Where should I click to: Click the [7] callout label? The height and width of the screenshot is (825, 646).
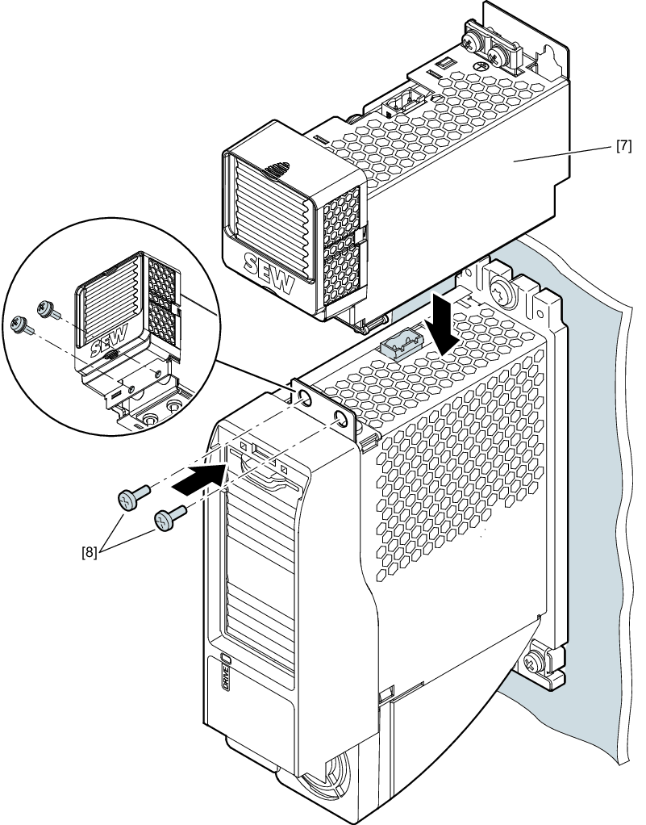pos(623,148)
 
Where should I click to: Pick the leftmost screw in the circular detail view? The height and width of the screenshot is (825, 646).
pos(19,325)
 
